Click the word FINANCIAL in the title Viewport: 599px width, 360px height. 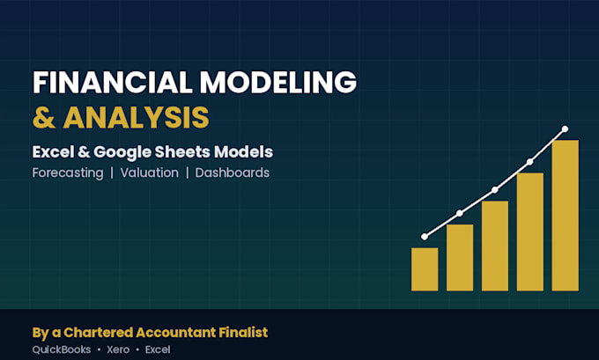113,83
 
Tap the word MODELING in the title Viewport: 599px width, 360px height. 278,83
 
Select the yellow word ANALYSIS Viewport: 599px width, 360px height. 136,117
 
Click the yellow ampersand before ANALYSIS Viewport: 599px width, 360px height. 44,117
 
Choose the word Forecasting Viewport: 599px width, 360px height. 68,173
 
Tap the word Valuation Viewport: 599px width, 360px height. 150,173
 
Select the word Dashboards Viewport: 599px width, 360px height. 233,173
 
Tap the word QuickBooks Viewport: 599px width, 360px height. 62,349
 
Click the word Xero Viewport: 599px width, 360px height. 118,349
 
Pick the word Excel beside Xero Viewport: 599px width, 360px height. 158,349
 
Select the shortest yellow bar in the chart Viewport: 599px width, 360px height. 425,269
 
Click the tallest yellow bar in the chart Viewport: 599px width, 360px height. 565,216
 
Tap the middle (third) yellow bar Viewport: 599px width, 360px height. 495,246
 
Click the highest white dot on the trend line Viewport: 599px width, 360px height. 565,129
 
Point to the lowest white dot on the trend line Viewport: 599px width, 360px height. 425,237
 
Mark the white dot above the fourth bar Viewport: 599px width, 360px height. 530,162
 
